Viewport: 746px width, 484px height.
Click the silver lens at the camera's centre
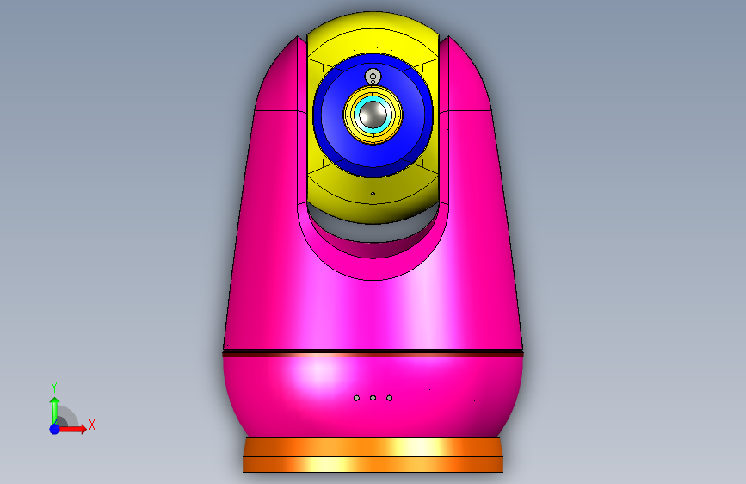tap(373, 115)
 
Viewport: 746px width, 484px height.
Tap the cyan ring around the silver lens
tap(357, 115)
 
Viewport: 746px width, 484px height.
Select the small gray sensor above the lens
tap(373, 77)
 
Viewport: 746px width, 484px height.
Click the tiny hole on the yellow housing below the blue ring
tap(373, 194)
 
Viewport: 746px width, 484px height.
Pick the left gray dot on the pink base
tap(356, 398)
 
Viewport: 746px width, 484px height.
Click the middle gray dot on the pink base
tap(373, 398)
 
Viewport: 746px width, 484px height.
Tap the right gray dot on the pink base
tap(389, 398)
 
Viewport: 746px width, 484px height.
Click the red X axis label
tap(92, 425)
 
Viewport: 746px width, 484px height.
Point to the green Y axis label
tap(54, 388)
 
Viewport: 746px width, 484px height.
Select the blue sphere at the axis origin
tap(55, 429)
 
